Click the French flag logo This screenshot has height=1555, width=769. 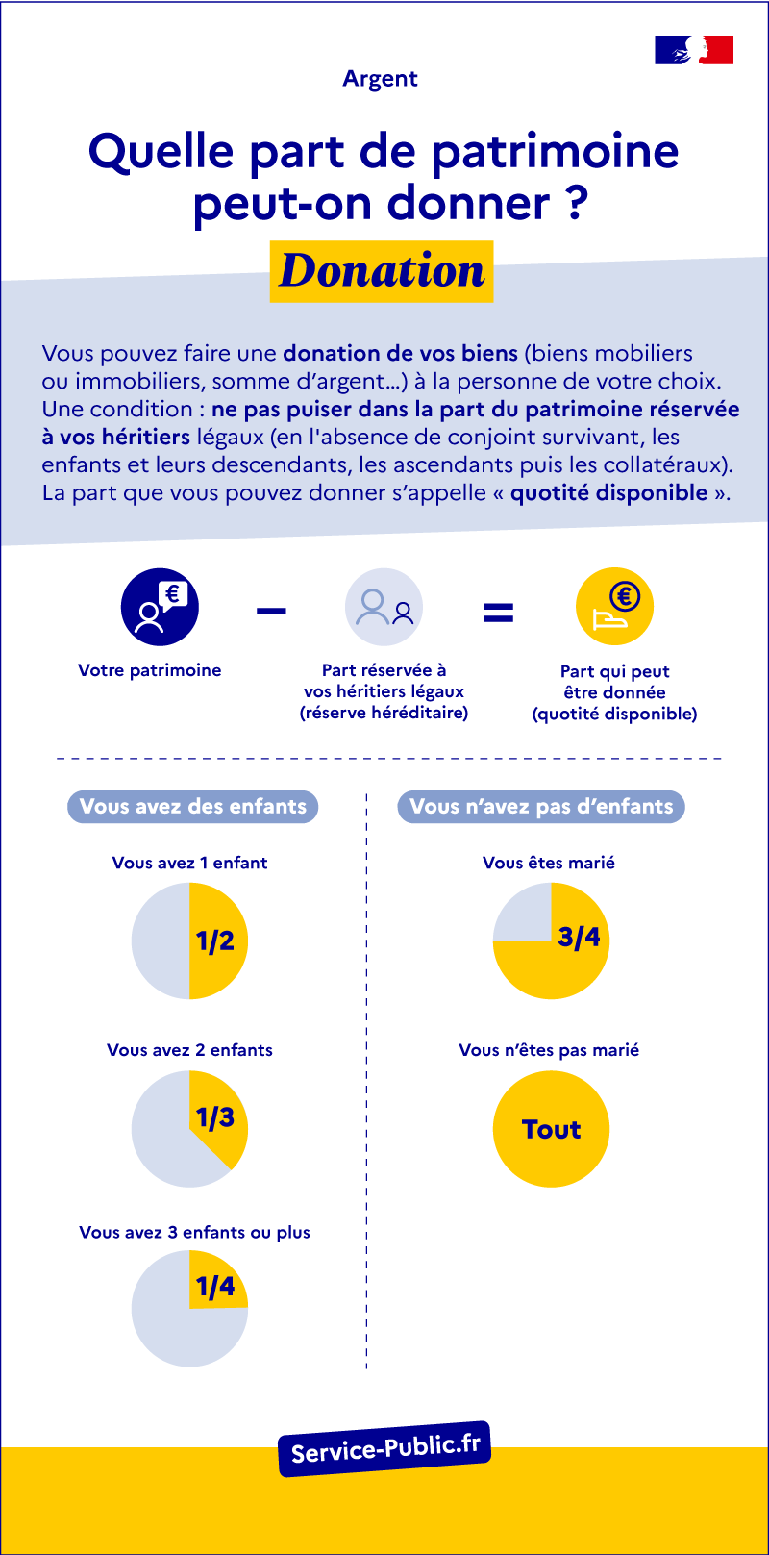click(694, 50)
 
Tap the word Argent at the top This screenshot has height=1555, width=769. click(381, 79)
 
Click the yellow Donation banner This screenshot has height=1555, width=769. click(382, 271)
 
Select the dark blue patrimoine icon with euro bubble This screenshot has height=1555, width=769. click(160, 607)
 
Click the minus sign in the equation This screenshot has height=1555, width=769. click(272, 611)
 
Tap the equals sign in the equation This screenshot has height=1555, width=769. click(498, 613)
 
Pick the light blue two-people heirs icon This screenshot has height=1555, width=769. click(384, 607)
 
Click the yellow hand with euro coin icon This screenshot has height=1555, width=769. click(614, 607)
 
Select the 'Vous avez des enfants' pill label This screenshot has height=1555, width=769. click(192, 807)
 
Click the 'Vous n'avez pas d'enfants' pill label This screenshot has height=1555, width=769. click(541, 807)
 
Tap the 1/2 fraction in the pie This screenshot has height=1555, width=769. click(215, 941)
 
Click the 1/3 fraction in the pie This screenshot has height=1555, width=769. click(215, 1117)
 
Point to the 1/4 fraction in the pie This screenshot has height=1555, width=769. click(215, 1287)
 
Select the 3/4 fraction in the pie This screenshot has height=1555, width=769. click(579, 937)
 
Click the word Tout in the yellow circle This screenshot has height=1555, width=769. click(551, 1129)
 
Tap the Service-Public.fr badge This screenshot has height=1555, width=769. click(384, 1449)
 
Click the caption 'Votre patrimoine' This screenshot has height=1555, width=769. click(150, 670)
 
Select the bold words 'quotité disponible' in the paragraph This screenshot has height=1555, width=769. click(608, 492)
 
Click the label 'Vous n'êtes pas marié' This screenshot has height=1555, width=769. click(549, 1050)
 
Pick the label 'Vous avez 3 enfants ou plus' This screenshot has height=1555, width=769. click(194, 1233)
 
